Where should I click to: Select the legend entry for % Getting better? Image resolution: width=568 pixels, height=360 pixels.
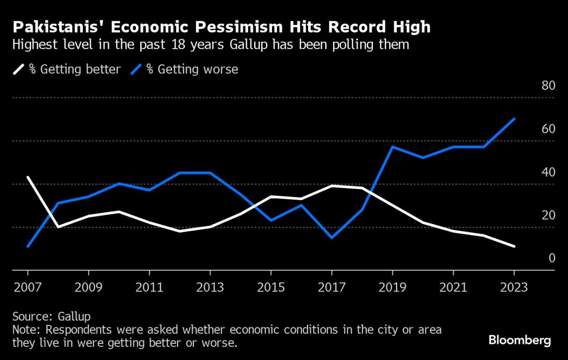[67, 70]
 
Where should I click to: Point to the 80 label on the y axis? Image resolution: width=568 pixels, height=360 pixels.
[548, 86]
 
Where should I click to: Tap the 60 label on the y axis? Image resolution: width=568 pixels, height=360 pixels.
[548, 129]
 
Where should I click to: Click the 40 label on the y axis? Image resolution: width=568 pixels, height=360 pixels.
[548, 172]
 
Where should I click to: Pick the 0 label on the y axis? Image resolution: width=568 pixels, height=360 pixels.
[551, 258]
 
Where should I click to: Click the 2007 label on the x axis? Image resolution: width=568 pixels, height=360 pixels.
[28, 288]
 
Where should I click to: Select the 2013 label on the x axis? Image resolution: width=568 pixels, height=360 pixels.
[210, 288]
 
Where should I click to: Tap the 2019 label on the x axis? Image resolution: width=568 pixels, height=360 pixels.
[392, 288]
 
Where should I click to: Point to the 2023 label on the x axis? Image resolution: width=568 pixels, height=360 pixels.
[514, 288]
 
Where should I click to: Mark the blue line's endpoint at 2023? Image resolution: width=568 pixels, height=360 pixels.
[515, 119]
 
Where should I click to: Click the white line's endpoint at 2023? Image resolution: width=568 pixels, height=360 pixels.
[515, 246]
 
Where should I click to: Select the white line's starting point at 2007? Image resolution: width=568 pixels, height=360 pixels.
[28, 177]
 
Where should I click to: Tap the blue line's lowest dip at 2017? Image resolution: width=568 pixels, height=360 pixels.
[332, 237]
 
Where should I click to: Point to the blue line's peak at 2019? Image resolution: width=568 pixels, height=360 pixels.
[392, 147]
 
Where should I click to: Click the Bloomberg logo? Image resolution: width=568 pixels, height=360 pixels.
[519, 340]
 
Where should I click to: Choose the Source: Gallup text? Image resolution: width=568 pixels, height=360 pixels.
[51, 316]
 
